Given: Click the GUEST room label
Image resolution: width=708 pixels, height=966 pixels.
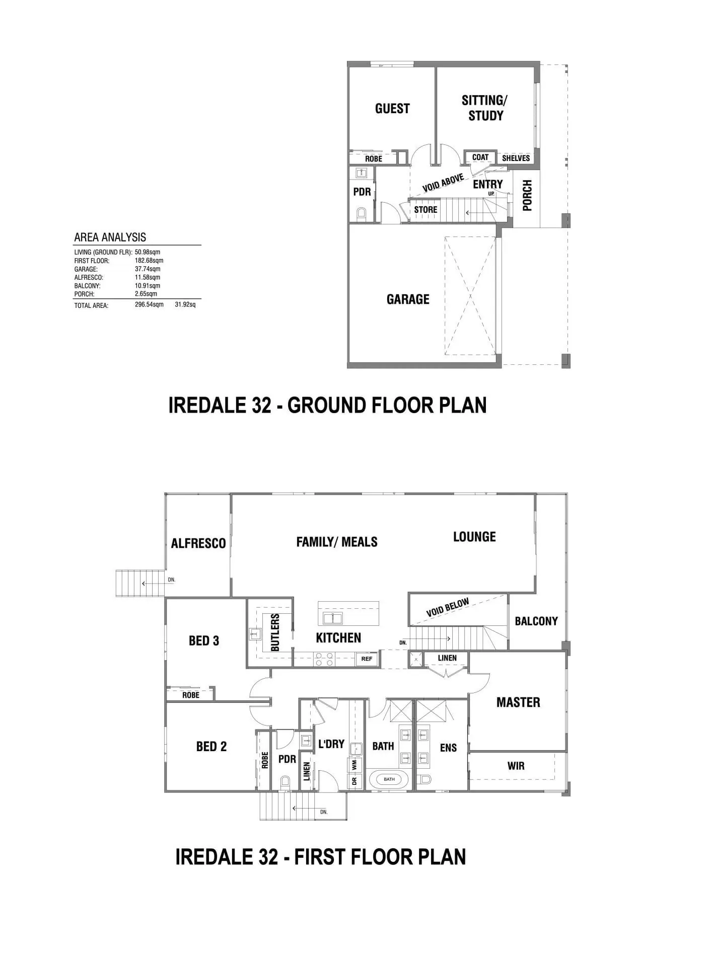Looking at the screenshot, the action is (392, 109).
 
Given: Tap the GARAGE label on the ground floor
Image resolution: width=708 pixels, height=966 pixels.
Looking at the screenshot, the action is (408, 299).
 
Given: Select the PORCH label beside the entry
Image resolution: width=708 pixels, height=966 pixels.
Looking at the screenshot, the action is (527, 196).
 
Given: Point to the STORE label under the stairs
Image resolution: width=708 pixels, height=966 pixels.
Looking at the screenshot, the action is (426, 210).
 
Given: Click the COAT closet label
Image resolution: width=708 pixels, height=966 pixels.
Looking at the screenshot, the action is (480, 157).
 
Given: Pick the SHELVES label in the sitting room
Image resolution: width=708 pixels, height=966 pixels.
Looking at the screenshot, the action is (516, 158).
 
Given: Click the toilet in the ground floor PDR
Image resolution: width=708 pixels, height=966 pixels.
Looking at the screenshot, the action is (361, 213).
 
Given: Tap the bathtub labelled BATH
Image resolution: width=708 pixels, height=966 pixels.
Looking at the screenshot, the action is (389, 779).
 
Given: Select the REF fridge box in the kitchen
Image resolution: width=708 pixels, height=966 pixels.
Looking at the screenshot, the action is (367, 659).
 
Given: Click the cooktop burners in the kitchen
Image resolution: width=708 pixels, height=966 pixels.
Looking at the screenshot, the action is (324, 659).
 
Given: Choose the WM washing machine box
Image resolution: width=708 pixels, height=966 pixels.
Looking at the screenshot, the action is (355, 765).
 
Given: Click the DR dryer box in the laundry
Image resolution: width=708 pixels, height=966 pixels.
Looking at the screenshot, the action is (355, 781).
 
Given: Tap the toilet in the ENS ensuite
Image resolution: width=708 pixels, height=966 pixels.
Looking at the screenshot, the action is (425, 779).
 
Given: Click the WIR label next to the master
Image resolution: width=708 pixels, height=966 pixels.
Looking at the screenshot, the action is (516, 766).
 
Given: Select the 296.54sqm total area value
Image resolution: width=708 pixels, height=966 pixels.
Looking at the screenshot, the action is (149, 305).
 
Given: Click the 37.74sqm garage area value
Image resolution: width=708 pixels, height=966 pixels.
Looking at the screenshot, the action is (148, 269).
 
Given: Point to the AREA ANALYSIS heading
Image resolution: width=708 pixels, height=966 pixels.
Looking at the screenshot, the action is (110, 237).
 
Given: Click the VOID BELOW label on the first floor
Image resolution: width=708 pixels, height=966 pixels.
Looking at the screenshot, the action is (448, 608).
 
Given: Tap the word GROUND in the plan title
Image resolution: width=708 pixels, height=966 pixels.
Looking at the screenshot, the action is (326, 406).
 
